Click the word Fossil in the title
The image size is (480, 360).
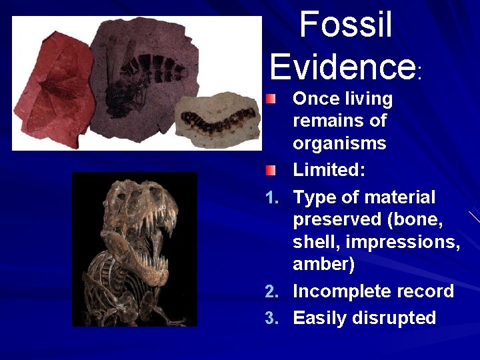click(345, 25)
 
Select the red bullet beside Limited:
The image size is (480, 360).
click(268, 171)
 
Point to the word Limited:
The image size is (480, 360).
click(329, 170)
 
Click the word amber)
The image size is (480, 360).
click(324, 265)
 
